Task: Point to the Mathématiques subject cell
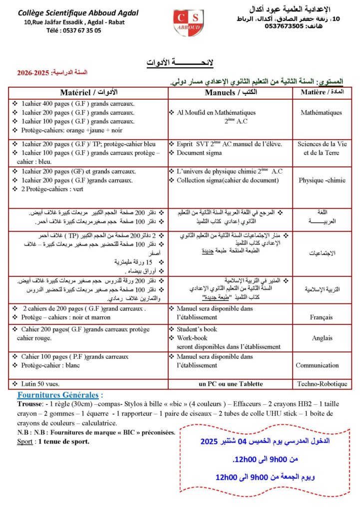[321, 113]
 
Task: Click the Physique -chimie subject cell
[321, 180]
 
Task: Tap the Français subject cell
[321, 316]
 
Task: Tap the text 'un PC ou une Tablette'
[230, 384]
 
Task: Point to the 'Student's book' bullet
[197, 329]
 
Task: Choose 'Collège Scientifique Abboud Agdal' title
[77, 12]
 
